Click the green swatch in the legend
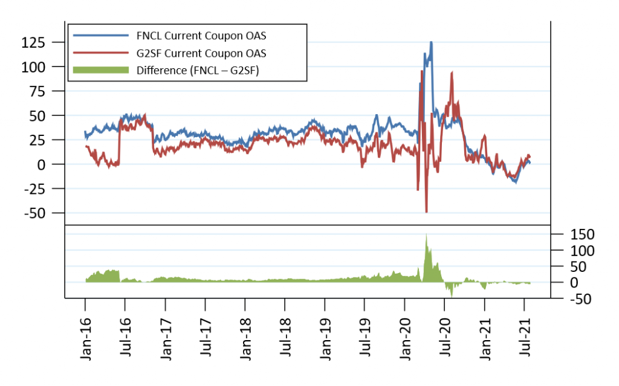[x=101, y=69]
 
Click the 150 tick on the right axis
[x=567, y=234]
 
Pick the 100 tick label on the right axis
[x=567, y=250]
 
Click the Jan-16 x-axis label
[x=85, y=338]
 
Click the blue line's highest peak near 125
[x=431, y=42]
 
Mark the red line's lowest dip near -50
[x=427, y=211]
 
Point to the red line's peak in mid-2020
[x=452, y=72]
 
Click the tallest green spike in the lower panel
[x=427, y=236]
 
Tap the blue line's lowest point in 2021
[x=516, y=182]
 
